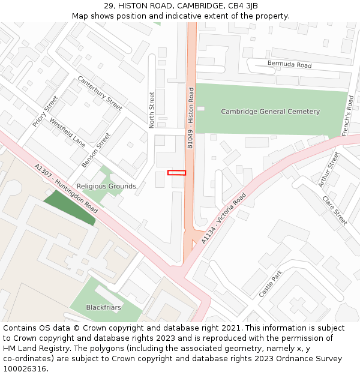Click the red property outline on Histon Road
[x=176, y=173]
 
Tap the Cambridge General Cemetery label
[x=270, y=112]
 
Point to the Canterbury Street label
[x=100, y=92]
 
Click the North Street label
[x=152, y=109]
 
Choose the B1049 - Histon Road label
[x=191, y=119]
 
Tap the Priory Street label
[x=46, y=111]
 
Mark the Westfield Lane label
[x=67, y=132]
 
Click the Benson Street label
[x=96, y=149]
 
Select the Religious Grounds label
[x=106, y=187]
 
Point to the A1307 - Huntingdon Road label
[x=66, y=189]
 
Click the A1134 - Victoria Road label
[x=224, y=218]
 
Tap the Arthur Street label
[x=329, y=169]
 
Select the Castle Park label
[x=270, y=283]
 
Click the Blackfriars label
[x=103, y=307]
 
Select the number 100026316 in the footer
[x=25, y=368]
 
